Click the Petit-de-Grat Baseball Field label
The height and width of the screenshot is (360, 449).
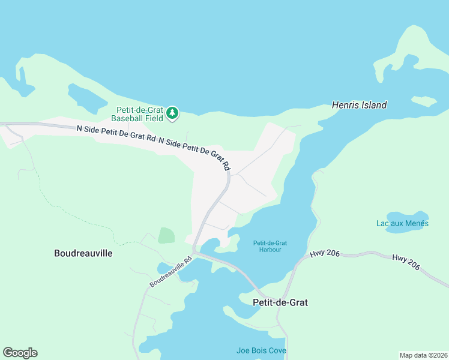coord(140,114)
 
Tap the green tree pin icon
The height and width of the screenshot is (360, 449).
coord(172,112)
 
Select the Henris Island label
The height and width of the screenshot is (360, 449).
coord(359,105)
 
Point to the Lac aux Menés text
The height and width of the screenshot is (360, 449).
coord(402,224)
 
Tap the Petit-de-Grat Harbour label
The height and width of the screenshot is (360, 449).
coord(270,246)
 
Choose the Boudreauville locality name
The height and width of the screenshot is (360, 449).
coord(83,253)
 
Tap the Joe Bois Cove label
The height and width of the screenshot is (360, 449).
coord(261,350)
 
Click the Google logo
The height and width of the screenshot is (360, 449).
coord(20,353)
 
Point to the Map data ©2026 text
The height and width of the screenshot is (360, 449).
coord(423,355)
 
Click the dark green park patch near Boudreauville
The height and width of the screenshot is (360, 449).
coord(166,235)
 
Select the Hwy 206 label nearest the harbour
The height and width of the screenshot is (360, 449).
coord(325,254)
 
